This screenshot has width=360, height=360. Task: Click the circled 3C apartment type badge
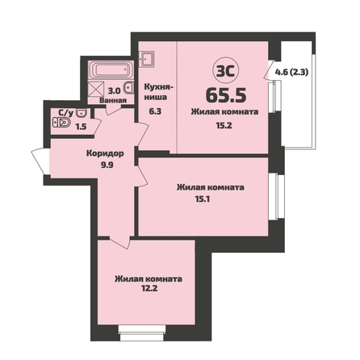[226, 70]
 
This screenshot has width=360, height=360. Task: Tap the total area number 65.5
[226, 95]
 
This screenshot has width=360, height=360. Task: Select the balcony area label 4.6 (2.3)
[291, 72]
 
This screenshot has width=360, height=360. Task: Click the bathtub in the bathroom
[111, 70]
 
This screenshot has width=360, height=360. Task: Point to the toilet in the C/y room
[61, 123]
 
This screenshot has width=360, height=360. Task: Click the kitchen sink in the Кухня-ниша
[147, 59]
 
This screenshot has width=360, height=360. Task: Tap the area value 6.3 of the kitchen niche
[155, 111]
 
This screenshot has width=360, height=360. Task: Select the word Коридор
[105, 153]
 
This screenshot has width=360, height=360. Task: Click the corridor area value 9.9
[107, 165]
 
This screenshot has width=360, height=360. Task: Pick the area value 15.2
[224, 125]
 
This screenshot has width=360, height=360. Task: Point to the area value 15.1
[202, 199]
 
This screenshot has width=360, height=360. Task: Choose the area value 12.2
[149, 288]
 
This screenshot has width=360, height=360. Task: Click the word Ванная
[113, 101]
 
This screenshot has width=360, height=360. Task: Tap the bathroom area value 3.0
[114, 91]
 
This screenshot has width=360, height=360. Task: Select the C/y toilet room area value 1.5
[81, 127]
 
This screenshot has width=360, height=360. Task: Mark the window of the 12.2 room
[142, 333]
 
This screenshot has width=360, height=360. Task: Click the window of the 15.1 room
[277, 197]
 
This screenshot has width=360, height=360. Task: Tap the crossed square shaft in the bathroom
[97, 89]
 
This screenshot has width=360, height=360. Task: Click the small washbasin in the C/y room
[81, 113]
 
